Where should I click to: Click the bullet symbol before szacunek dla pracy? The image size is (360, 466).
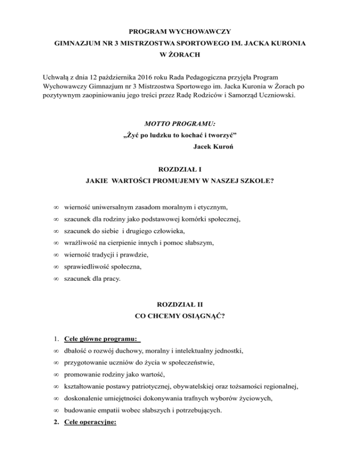coord(55,284)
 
